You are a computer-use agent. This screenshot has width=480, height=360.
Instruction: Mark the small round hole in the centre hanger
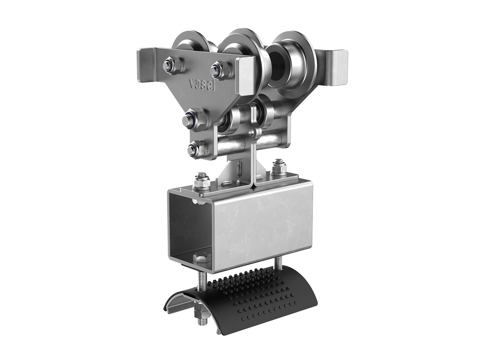click(253, 132)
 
